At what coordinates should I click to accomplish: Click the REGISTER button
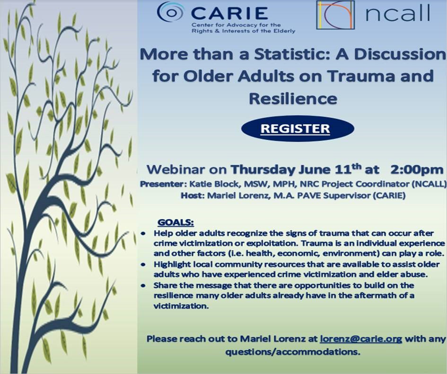[x=298, y=128]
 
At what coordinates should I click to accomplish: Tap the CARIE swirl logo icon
[x=171, y=12]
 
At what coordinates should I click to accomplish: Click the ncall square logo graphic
[x=335, y=15]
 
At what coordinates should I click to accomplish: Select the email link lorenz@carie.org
[x=361, y=339]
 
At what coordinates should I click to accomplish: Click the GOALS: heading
[x=175, y=222]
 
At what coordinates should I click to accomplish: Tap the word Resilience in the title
[x=293, y=99]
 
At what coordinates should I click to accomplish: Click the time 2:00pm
[x=417, y=170]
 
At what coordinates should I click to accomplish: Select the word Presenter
[x=161, y=184]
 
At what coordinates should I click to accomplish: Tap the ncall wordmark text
[x=398, y=13]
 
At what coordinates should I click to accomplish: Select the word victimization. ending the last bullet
[x=181, y=306]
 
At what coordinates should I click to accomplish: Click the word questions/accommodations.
[x=293, y=352]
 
